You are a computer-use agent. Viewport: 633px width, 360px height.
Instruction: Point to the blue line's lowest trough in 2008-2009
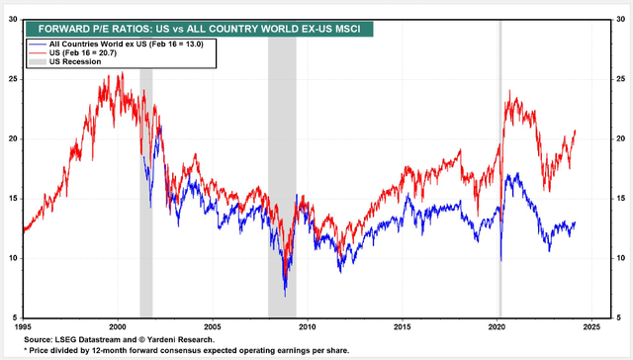click(285, 295)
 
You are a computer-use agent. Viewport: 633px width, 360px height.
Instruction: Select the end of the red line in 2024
click(575, 131)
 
